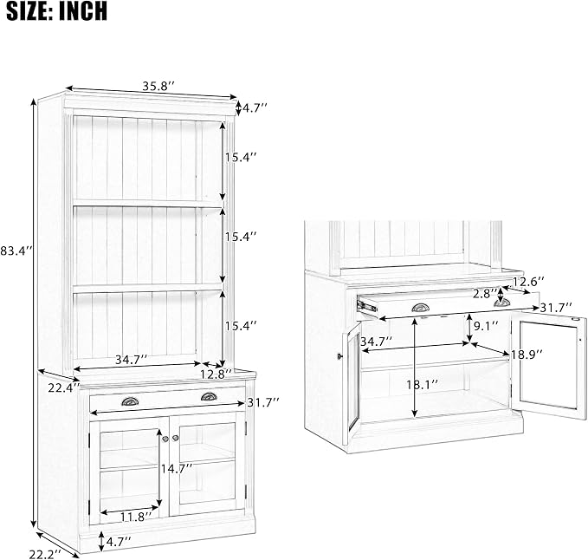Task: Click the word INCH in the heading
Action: (83, 11)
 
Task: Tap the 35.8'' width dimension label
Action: (158, 87)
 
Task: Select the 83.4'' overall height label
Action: (17, 251)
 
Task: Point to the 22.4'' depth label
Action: (64, 387)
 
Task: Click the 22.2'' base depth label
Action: (45, 553)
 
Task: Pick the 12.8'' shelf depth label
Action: (216, 374)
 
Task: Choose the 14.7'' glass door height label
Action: (177, 468)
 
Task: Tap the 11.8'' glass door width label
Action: (136, 518)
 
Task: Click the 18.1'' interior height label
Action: (423, 384)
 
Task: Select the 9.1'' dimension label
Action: (486, 325)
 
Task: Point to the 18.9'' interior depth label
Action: (527, 355)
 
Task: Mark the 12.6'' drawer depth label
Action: (528, 282)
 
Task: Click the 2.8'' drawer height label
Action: (485, 294)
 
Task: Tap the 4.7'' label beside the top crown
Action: (255, 108)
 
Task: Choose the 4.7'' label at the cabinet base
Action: (119, 542)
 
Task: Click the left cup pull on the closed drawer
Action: (130, 401)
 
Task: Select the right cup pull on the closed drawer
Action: (209, 396)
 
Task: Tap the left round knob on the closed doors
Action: (165, 439)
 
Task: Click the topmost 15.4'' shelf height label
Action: (241, 157)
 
